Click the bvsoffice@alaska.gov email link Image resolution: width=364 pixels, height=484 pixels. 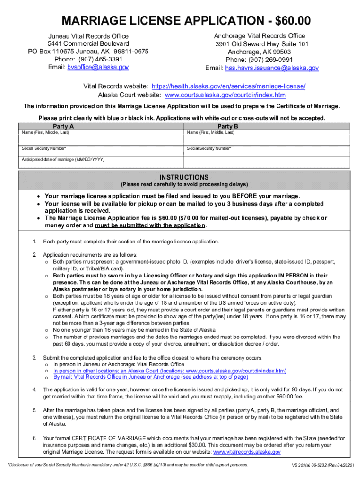tap(98, 67)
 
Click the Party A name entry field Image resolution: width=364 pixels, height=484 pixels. tap(101, 140)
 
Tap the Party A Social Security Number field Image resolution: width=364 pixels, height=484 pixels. tap(101, 152)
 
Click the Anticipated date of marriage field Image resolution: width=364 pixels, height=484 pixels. tap(101, 163)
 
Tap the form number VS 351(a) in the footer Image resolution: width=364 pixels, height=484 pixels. tap(307, 466)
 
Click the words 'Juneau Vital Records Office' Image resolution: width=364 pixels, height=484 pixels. tap(88, 36)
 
